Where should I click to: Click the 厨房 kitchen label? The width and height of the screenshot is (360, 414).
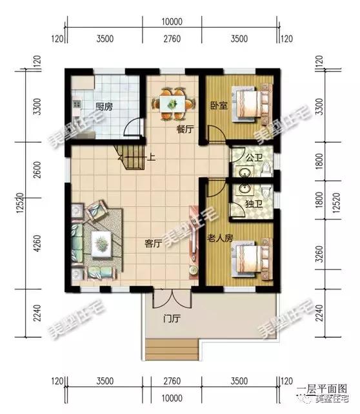[104, 107]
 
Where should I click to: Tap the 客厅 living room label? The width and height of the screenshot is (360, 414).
[152, 243]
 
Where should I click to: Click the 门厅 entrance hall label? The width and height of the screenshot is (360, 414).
[172, 318]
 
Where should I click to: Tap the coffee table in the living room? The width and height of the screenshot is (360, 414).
[102, 243]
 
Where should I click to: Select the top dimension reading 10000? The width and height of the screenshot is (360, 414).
[172, 22]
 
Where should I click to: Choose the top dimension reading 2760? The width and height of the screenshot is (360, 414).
[172, 39]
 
